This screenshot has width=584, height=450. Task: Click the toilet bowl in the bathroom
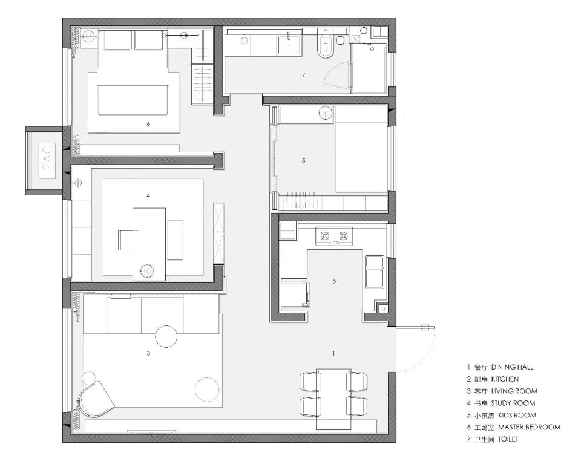point(325,47)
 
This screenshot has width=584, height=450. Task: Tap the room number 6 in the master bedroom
point(148,123)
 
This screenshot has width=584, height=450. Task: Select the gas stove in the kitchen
point(334,236)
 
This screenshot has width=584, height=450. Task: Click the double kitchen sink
point(375,272)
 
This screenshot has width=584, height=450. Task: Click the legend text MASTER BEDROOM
point(529,427)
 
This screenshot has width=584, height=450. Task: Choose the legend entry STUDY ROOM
point(513,403)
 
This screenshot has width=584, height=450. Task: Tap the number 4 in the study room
point(148,195)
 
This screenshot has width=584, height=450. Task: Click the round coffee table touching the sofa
point(166,336)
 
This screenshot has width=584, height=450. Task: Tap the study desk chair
point(128,240)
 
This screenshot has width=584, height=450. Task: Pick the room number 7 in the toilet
point(304,75)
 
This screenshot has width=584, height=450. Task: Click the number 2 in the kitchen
point(334,282)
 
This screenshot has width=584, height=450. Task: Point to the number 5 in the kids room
point(304,161)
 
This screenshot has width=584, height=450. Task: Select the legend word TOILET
point(508,439)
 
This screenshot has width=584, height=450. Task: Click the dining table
point(333,399)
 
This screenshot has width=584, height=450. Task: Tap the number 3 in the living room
point(148,353)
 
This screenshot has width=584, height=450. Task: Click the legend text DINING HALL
point(512,367)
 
